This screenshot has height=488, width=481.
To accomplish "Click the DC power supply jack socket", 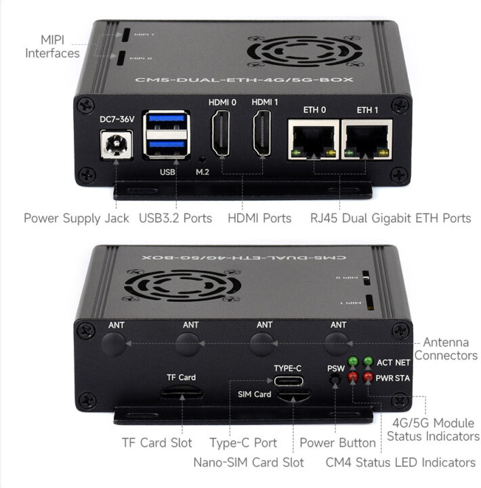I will [x=116, y=144].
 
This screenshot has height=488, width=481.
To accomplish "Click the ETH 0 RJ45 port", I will [x=313, y=140].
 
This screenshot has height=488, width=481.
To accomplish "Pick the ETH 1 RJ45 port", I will [x=367, y=140].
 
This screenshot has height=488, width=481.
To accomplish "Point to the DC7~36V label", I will [x=117, y=119].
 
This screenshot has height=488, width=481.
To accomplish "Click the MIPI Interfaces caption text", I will [x=52, y=46].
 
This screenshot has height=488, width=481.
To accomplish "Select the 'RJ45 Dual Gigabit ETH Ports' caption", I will [x=390, y=218].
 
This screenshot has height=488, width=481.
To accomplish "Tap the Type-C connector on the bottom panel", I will [x=287, y=380].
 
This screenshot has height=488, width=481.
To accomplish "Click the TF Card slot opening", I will [x=181, y=392].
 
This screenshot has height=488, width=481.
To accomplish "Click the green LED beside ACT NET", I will [x=369, y=362].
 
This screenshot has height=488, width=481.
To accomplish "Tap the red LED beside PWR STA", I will [x=369, y=376].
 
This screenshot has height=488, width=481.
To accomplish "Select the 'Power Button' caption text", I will [x=337, y=443].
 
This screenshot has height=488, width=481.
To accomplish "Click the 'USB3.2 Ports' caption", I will [x=175, y=218].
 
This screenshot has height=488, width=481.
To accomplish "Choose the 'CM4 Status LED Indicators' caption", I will [x=400, y=462].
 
